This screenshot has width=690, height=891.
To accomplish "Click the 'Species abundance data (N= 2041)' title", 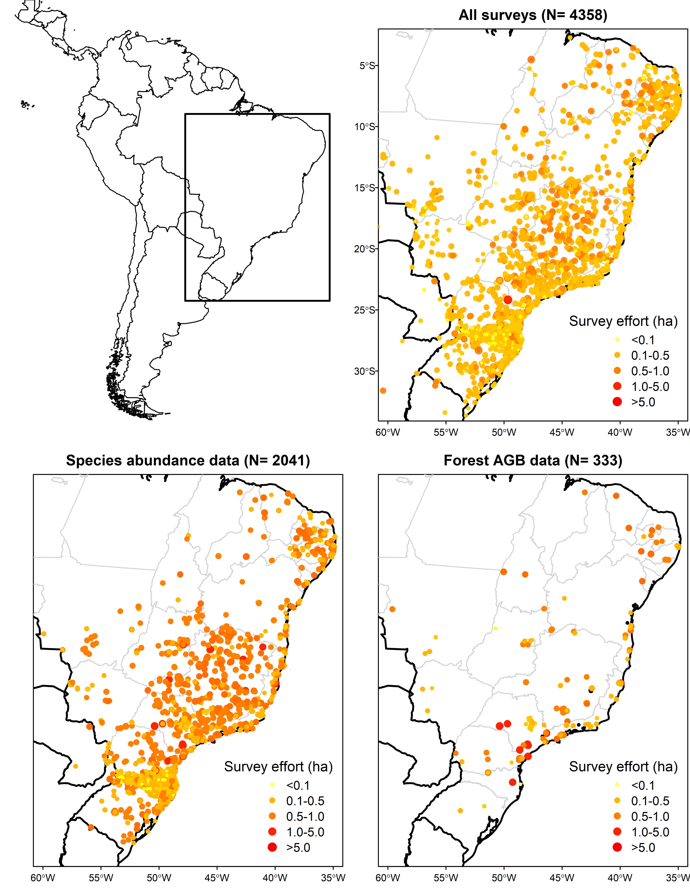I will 188,461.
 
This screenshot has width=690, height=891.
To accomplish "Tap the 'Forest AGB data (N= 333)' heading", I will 533,461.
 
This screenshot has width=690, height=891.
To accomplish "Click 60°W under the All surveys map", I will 388,432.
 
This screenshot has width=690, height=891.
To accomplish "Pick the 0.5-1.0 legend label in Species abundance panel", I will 305,816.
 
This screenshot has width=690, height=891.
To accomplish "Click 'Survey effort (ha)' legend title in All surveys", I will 623,322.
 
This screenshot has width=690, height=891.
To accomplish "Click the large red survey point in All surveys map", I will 508,300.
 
